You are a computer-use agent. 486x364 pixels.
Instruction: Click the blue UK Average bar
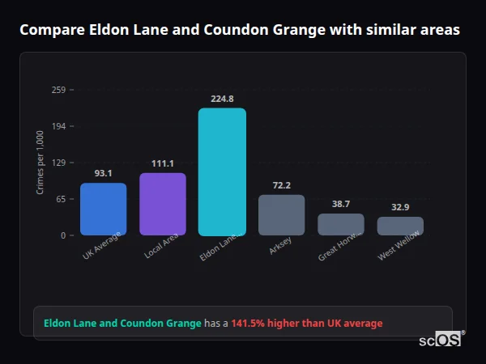click(x=103, y=209)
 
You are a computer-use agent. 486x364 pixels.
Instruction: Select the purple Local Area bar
click(x=163, y=204)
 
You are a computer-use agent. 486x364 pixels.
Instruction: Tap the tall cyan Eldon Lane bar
click(x=222, y=171)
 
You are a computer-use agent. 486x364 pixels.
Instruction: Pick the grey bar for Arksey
click(x=281, y=215)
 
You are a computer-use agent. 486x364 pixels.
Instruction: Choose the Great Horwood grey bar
click(x=341, y=224)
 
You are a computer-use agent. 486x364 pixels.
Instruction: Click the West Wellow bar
click(x=400, y=226)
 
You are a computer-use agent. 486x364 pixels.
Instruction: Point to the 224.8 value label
click(x=222, y=99)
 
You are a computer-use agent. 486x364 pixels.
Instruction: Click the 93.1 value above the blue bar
click(x=103, y=173)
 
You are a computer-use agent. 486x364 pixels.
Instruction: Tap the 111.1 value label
click(x=163, y=163)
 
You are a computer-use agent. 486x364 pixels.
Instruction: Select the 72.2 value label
click(x=281, y=185)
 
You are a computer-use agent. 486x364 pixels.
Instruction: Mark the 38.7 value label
click(x=341, y=204)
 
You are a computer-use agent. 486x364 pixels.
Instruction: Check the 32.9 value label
click(x=400, y=207)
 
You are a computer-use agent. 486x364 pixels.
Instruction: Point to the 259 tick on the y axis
click(x=58, y=90)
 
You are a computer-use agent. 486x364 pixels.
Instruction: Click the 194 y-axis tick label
click(x=58, y=126)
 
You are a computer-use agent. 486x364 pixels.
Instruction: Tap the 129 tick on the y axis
click(x=58, y=163)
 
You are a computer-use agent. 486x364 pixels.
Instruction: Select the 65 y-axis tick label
click(x=61, y=199)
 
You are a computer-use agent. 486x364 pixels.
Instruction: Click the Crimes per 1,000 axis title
click(x=40, y=163)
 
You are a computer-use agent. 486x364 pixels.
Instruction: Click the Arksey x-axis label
click(x=280, y=247)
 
